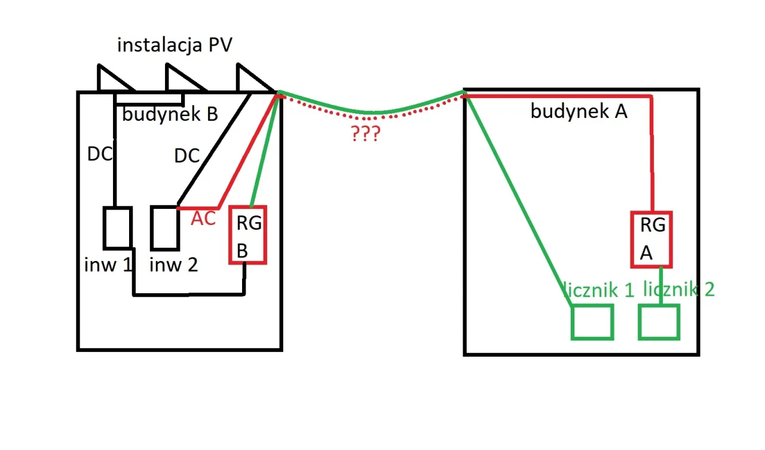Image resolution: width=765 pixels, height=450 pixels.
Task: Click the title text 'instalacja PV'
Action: (x=175, y=45)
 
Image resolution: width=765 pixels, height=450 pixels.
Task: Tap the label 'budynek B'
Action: (x=170, y=114)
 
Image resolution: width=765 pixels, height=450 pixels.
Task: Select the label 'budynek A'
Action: (x=579, y=111)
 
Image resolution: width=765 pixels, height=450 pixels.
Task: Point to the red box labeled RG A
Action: (x=651, y=239)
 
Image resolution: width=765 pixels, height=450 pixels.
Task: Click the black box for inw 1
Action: (x=117, y=228)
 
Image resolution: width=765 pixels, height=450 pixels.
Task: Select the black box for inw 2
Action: (x=164, y=228)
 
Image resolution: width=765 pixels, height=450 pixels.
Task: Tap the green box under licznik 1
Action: (x=592, y=322)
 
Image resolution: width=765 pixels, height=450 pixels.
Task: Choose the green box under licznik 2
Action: (x=659, y=322)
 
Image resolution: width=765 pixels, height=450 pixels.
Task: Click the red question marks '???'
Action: (x=365, y=134)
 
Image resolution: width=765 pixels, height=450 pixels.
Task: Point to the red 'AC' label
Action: (x=203, y=219)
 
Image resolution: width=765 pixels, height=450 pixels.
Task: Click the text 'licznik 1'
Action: (x=598, y=290)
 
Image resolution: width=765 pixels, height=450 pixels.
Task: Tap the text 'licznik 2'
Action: (x=679, y=289)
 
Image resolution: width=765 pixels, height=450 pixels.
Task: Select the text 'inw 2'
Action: (x=173, y=264)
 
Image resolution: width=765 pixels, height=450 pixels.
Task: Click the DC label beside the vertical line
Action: (x=100, y=154)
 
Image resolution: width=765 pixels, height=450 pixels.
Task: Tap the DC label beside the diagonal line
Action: (x=186, y=156)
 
